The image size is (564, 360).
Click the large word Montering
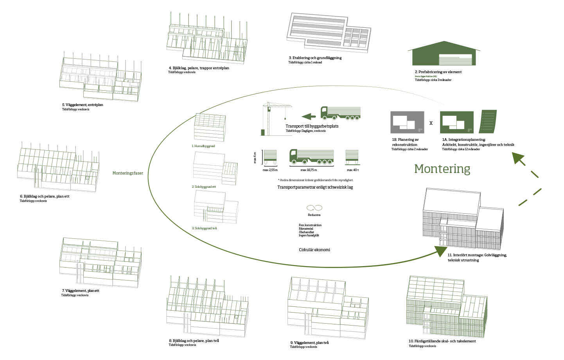pos(442,169)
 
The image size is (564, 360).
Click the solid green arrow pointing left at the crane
pos(309,116)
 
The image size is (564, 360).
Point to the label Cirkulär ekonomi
pos(314,250)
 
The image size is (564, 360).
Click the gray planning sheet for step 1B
pos(407,122)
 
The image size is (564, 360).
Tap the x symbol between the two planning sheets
pos(431,123)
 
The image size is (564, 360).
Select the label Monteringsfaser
pos(128,173)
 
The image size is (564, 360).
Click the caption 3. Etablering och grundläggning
pos(315,58)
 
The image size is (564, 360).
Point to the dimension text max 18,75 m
pos(309,170)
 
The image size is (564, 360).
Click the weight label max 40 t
pos(352,170)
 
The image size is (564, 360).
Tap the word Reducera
pos(314,215)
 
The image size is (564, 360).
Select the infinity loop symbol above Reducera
pos(314,208)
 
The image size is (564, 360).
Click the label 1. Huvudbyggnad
pos(203,146)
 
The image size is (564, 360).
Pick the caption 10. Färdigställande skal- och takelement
pos(442,341)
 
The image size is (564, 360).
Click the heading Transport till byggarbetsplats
pos(312,126)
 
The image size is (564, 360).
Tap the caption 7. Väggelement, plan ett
pos(80,291)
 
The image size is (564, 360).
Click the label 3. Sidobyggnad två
pos(204,228)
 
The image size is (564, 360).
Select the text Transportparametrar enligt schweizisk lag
pos(315,187)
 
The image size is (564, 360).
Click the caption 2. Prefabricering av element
pos(438,72)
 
